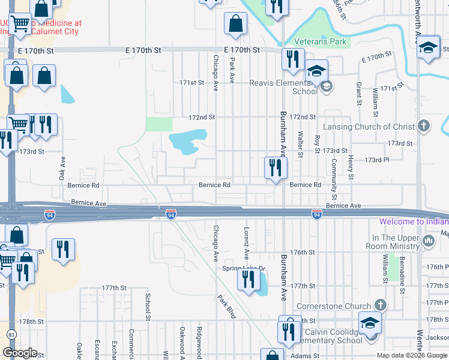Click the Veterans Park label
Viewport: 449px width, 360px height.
coord(321,42)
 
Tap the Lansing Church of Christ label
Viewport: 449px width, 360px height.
coord(369,127)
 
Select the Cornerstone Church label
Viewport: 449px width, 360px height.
coord(339,304)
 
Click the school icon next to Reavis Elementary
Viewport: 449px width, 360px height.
coord(316,70)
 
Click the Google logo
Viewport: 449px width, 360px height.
coord(20,352)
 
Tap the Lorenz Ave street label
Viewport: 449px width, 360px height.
coord(246,243)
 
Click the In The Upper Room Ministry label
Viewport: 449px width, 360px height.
coord(395,242)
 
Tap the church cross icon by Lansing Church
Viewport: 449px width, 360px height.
coord(424,126)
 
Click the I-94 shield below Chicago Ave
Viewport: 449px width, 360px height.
coord(171,214)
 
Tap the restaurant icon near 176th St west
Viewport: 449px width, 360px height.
coord(63,249)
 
